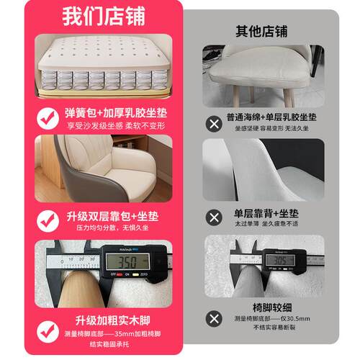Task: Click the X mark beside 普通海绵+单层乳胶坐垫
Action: (x=214, y=123)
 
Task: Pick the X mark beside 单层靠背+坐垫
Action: (x=214, y=217)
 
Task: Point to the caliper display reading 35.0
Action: (x=129, y=261)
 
